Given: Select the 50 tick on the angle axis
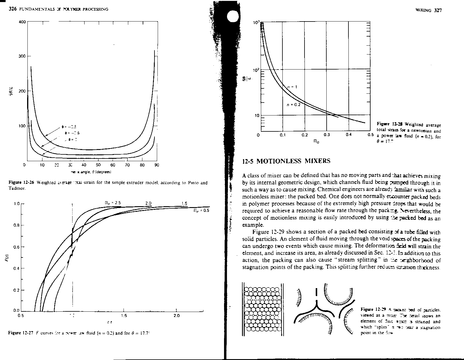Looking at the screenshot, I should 98,165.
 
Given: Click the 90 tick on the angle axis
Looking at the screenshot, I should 157,165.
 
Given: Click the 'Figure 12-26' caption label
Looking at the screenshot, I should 19,183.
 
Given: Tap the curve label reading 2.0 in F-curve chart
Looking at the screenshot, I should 148,203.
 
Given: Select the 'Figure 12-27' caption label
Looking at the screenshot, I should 19,333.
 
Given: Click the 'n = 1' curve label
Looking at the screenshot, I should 292,87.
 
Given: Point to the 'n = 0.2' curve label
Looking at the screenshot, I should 293,105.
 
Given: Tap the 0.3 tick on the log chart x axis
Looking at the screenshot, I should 326,135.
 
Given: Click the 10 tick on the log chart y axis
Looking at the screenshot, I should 256,115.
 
